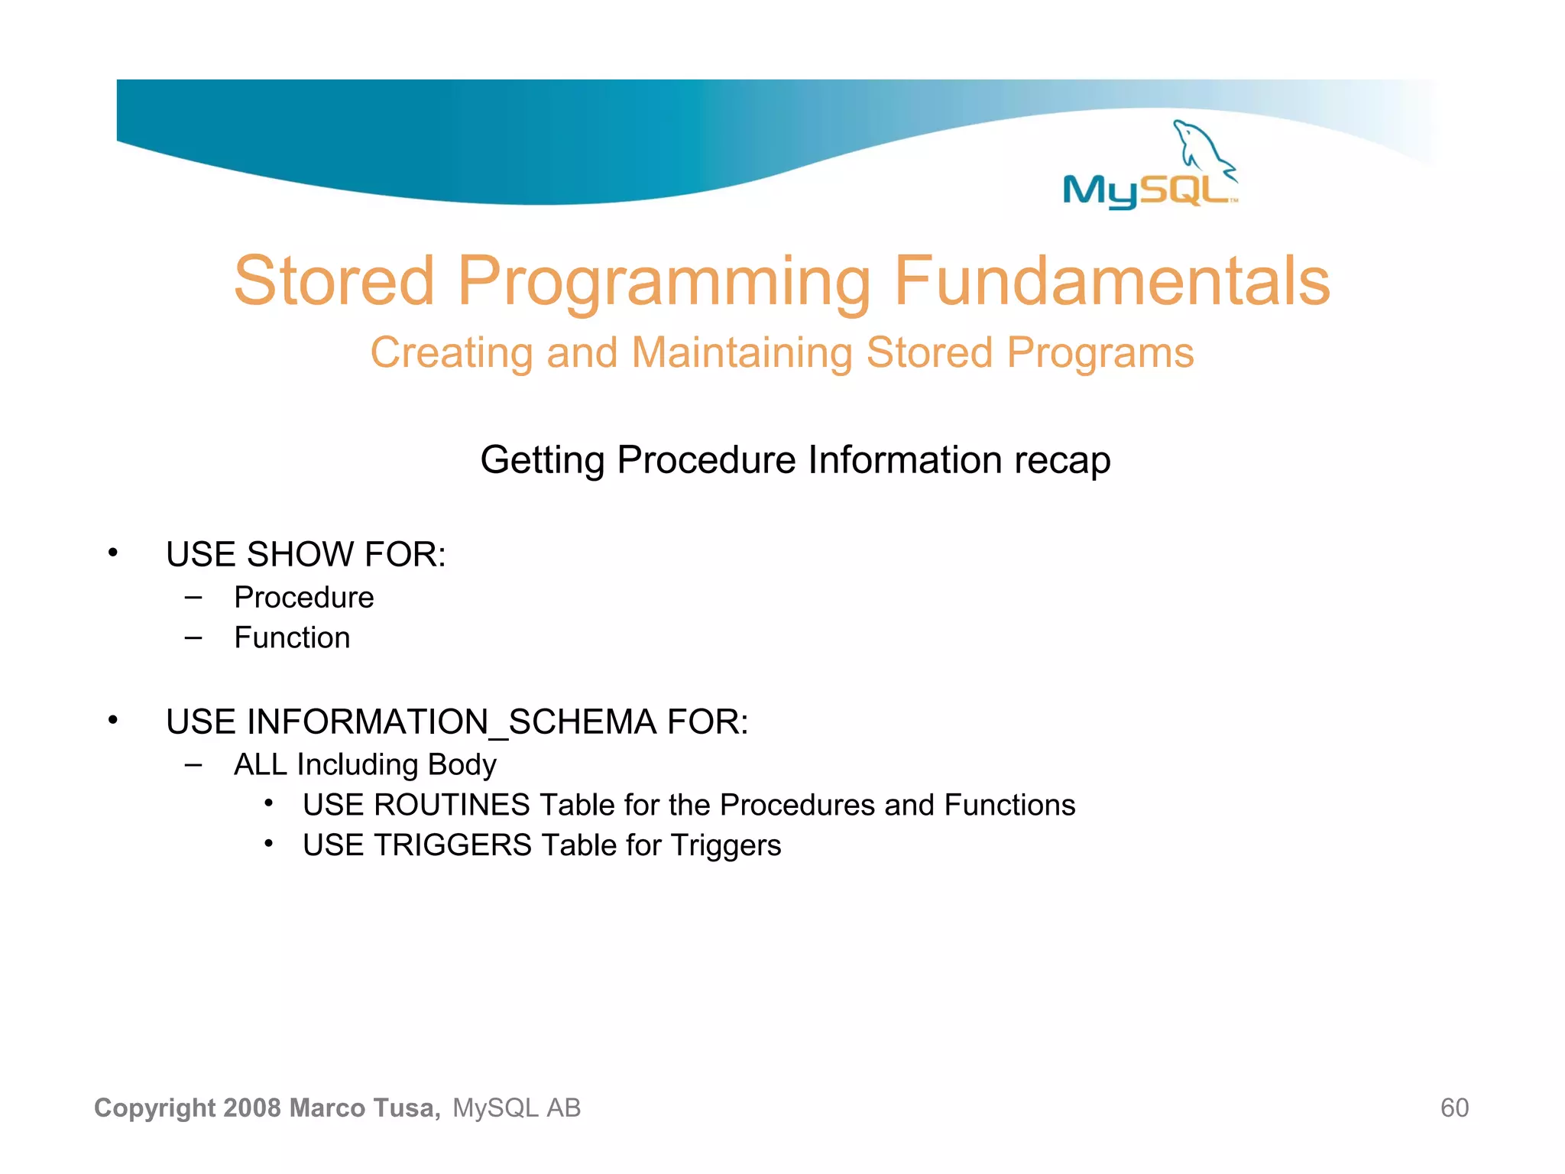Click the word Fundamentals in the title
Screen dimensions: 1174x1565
coord(1112,281)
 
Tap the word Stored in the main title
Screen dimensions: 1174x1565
coord(334,281)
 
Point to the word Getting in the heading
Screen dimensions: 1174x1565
coord(542,460)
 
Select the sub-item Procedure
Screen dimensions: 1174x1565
coord(304,597)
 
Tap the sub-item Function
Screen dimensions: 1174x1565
coord(292,637)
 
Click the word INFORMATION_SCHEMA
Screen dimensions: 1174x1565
coord(451,722)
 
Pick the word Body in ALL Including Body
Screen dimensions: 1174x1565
coord(462,764)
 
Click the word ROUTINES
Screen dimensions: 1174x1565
coord(452,805)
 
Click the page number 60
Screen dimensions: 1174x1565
coord(1454,1108)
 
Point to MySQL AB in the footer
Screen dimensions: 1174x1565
coord(517,1108)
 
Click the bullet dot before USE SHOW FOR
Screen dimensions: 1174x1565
coord(113,553)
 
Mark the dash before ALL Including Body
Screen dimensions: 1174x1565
coord(193,764)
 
